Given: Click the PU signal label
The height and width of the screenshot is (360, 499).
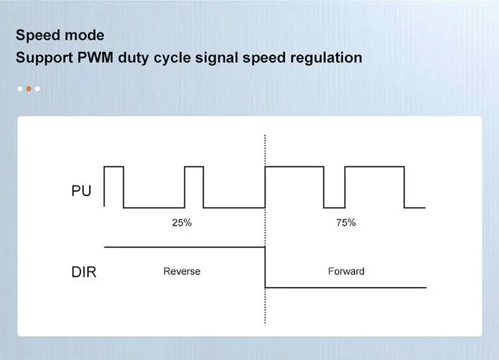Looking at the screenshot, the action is [x=81, y=191].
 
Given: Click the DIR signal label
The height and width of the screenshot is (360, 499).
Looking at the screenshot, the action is [x=84, y=272].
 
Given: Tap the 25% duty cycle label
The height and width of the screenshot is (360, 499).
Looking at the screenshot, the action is [x=182, y=222].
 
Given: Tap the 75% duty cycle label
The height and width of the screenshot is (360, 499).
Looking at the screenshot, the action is [x=346, y=222].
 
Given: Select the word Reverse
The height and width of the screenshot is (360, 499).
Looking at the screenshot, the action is [x=182, y=271].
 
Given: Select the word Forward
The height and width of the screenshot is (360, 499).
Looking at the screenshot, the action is [x=346, y=271].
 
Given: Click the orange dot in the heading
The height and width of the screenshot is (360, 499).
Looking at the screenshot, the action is [x=29, y=89].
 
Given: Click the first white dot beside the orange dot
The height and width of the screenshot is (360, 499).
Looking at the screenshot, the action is [x=20, y=89].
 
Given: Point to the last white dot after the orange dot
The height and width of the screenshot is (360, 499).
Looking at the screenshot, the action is [x=37, y=89].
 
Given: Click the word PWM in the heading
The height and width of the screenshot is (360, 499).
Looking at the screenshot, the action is [x=95, y=58].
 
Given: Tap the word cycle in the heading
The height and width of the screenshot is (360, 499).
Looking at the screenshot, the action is [x=172, y=59].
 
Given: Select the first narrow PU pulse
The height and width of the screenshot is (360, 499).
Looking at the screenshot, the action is [x=114, y=166].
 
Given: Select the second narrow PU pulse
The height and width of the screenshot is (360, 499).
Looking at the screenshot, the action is [x=194, y=166].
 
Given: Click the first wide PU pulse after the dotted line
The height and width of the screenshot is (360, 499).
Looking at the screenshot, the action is [x=294, y=166].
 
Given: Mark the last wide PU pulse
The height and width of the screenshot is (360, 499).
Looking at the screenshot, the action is [x=375, y=166].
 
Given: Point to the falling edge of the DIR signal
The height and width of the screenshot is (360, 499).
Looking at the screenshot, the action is [x=265, y=268].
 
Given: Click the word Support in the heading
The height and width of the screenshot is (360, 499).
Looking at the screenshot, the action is [x=45, y=59].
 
